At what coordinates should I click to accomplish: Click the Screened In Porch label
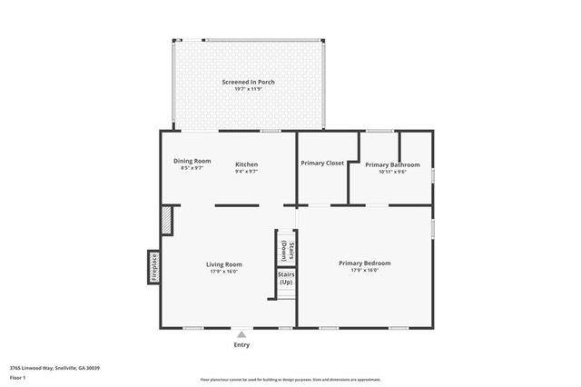pyautogui.click(x=248, y=82)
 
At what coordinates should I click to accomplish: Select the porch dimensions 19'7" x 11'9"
pyautogui.click(x=248, y=89)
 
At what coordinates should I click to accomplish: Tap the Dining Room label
pyautogui.click(x=192, y=161)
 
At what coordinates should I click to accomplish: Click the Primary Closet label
pyautogui.click(x=321, y=163)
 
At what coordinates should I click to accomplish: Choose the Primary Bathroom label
pyautogui.click(x=392, y=164)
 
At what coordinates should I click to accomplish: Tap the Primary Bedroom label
pyautogui.click(x=364, y=263)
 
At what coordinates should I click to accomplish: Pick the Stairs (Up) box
pyautogui.click(x=285, y=278)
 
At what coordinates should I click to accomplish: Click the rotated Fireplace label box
pyautogui.click(x=153, y=268)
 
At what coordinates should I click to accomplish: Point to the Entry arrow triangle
pyautogui.click(x=241, y=334)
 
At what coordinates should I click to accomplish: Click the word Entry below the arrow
pyautogui.click(x=241, y=345)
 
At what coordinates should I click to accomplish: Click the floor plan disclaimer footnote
pyautogui.click(x=290, y=380)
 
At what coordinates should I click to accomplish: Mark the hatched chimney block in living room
pyautogui.click(x=166, y=221)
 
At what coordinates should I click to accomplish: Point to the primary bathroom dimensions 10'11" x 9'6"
pyautogui.click(x=392, y=171)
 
